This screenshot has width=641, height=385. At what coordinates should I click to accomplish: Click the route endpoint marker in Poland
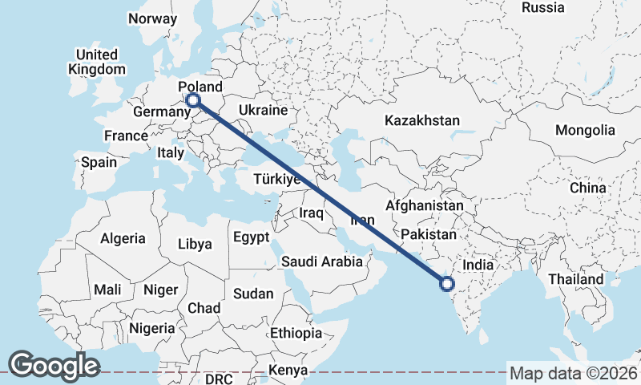pyautogui.click(x=193, y=100)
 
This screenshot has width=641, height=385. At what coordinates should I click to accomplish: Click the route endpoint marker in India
pyautogui.click(x=447, y=282)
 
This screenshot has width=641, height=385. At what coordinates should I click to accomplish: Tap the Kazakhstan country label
pyautogui.click(x=421, y=120)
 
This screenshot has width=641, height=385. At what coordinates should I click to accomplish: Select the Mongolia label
pyautogui.click(x=585, y=130)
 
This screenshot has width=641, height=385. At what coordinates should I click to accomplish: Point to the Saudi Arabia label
pyautogui.click(x=322, y=261)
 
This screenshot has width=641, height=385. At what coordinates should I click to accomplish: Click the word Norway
pyautogui.click(x=152, y=18)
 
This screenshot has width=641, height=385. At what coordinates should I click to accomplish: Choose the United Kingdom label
pyautogui.click(x=97, y=62)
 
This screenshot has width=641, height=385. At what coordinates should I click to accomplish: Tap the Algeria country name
pyautogui.click(x=123, y=238)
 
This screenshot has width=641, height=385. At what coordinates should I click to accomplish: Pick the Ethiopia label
pyautogui.click(x=296, y=333)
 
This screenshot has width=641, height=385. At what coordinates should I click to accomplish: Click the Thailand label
pyautogui.click(x=575, y=279)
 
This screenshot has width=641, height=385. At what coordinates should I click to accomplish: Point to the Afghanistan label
pyautogui.click(x=424, y=205)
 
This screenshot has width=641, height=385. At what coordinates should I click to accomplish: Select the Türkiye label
pyautogui.click(x=276, y=179)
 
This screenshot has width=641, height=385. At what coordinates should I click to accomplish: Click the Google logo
pyautogui.click(x=54, y=366)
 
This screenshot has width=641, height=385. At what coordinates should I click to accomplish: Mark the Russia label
pyautogui.click(x=542, y=7)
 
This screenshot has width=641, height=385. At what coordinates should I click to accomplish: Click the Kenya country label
pyautogui.click(x=288, y=371)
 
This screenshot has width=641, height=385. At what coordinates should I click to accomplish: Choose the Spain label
pyautogui.click(x=99, y=162)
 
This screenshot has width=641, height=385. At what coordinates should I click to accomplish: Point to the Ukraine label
pyautogui.click(x=263, y=110)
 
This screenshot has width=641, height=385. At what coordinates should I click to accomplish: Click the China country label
pyautogui.click(x=588, y=188)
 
